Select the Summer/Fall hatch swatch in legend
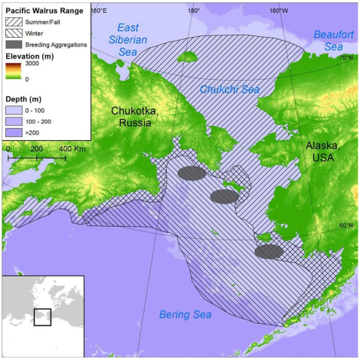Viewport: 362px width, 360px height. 16,23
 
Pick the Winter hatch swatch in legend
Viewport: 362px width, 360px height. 16,34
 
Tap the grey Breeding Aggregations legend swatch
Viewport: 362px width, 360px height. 16,44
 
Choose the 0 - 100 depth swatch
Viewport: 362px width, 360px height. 16,110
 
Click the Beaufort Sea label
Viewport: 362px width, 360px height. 333,41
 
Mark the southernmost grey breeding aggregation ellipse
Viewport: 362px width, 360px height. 268,252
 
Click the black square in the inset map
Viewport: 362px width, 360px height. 42,317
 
